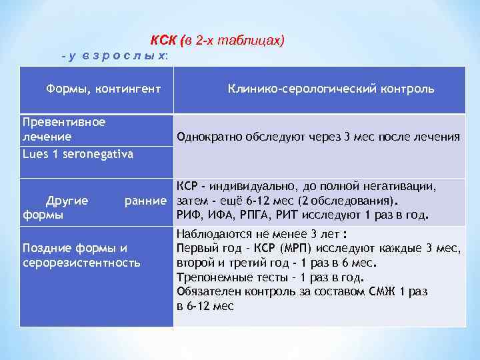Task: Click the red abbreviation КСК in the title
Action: point(163,41)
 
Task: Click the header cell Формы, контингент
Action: point(103,89)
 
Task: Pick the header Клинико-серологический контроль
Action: point(331,89)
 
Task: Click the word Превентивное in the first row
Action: point(64,123)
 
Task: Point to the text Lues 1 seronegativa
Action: point(77,153)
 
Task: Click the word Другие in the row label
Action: point(66,201)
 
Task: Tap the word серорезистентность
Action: point(81,263)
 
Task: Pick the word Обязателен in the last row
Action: point(207,292)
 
